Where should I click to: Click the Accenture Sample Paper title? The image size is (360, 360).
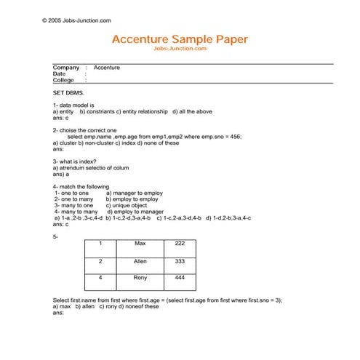pos(180,39)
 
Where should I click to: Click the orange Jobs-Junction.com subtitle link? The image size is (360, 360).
pos(180,49)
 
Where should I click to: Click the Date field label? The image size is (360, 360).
pos(59,73)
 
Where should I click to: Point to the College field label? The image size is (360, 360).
pos(63,80)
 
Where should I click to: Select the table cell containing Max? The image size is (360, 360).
pos(141,243)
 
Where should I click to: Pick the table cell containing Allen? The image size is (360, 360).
pos(141,260)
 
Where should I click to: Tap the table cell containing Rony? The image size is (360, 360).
pos(141,278)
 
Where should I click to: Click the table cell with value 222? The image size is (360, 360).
pos(180,243)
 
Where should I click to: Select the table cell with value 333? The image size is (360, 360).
pos(180,260)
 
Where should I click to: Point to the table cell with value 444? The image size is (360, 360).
pos(180,278)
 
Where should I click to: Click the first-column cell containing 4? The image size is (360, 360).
pos(100,278)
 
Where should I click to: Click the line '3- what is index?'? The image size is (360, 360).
pos(74,161)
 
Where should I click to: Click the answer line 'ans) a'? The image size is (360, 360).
pos(61,175)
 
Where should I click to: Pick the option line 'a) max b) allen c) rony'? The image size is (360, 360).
pos(105,306)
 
